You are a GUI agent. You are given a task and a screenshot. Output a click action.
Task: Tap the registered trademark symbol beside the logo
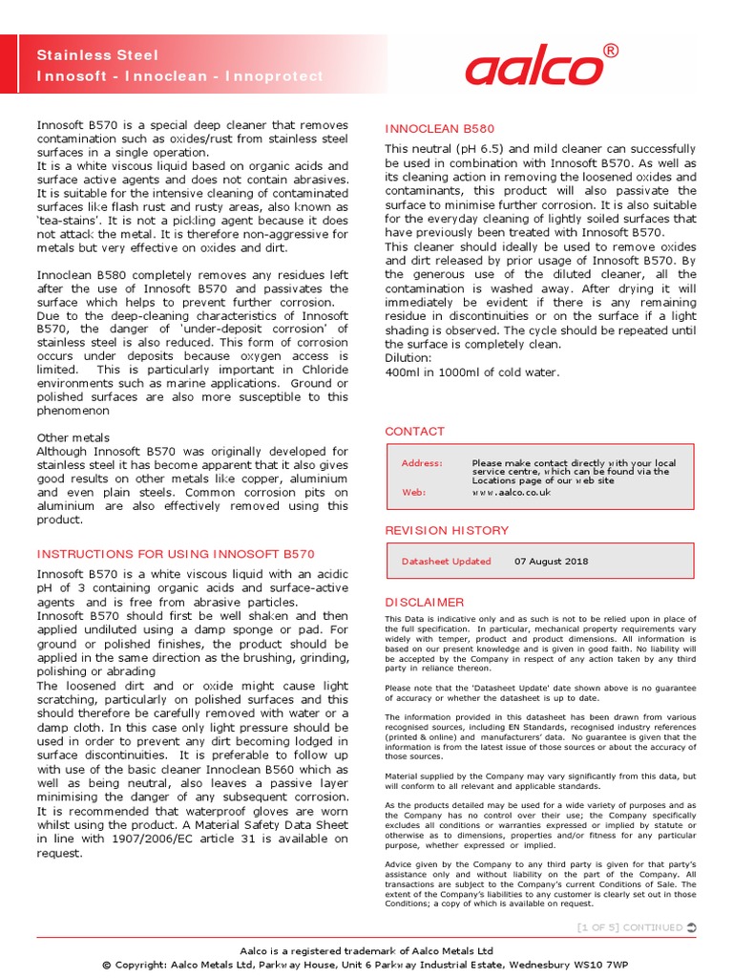tap(611, 50)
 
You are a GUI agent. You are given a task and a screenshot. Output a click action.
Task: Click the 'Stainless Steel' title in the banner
tap(97, 55)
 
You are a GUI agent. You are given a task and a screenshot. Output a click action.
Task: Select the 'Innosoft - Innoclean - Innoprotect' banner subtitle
tap(179, 75)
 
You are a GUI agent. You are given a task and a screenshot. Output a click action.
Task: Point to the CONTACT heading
tap(414, 432)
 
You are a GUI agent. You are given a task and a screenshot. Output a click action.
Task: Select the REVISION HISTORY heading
tap(446, 530)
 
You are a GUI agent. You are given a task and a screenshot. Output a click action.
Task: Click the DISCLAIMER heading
tap(424, 603)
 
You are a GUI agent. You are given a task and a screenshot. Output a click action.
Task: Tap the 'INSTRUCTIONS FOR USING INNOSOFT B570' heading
tap(175, 554)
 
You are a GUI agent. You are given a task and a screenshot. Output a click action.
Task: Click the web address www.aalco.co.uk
tap(512, 492)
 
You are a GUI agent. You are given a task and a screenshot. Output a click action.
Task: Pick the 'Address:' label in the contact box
tap(422, 463)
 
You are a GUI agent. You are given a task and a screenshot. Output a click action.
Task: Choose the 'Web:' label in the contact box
tap(413, 492)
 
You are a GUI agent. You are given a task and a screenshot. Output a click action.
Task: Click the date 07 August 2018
tap(551, 562)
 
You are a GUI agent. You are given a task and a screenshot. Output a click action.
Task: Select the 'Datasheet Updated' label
tap(446, 562)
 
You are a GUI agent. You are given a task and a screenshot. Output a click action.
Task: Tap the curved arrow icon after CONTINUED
tap(691, 927)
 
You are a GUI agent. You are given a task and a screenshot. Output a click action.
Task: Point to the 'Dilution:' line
tap(408, 358)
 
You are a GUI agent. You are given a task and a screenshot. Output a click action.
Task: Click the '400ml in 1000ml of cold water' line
tap(471, 372)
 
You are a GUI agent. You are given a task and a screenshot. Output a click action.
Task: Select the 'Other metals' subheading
tap(73, 437)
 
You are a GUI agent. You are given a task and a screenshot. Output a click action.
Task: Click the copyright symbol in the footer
tap(107, 965)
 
